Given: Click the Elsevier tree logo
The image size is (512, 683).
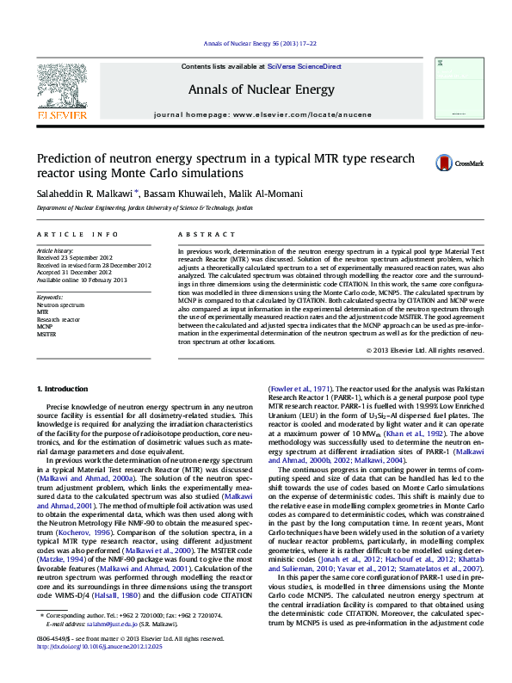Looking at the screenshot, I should (x=62, y=87).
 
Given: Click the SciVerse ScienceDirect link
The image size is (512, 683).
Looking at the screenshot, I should (x=304, y=66).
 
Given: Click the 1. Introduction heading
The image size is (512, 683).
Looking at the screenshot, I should (x=65, y=390).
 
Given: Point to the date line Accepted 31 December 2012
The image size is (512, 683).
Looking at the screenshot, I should (x=76, y=273).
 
